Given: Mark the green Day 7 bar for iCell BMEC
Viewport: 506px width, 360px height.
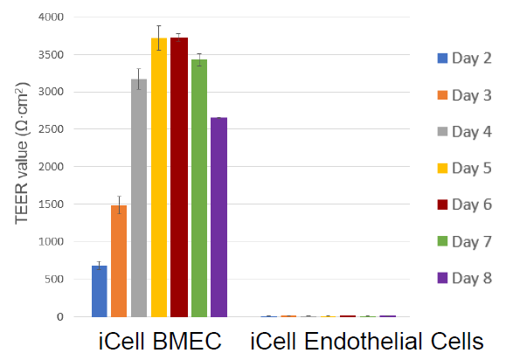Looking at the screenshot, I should [198, 188].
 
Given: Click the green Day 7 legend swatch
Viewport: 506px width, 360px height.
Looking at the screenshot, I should [442, 241].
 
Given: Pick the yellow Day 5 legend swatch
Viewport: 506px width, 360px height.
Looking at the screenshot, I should [442, 168].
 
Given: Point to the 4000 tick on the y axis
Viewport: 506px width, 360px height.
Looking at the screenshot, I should [47, 17].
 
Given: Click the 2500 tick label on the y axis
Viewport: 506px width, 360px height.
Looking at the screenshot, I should [47, 129].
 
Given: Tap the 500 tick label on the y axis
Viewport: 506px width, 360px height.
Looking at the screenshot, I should [52, 279].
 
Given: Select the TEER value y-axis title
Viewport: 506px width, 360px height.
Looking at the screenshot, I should [21, 166].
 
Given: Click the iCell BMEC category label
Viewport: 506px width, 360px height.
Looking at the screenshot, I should [158, 341].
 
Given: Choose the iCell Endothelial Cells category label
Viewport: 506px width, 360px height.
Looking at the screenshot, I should [366, 341].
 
